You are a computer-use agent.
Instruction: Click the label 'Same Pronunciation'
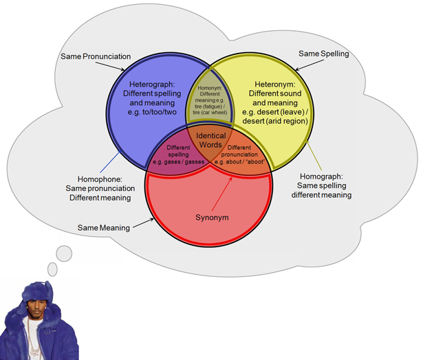(96, 56)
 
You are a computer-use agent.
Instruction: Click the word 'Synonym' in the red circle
(210, 218)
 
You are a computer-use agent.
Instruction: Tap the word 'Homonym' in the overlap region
(209, 89)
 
